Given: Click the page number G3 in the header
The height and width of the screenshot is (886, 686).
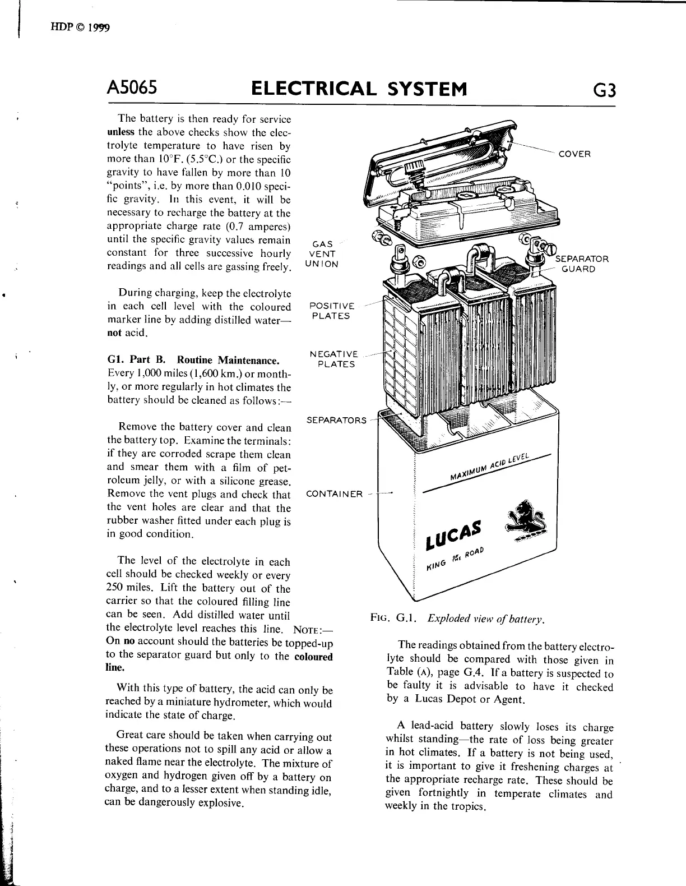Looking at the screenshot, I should coord(602,90).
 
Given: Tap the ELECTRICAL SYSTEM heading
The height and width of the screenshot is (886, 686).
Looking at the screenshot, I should coord(359,89).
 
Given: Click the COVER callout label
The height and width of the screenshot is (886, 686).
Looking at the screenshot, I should coord(574,154).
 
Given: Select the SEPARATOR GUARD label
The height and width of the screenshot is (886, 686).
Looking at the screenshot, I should coord(581,264).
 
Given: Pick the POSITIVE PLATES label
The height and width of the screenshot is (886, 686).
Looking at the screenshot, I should coord(332,311).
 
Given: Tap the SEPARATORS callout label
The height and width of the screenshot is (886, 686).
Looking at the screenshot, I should coord(336,420).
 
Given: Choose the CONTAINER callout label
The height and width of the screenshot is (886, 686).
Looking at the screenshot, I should coord(334,494).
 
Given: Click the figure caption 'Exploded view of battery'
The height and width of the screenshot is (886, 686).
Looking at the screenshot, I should coord(485,619).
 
